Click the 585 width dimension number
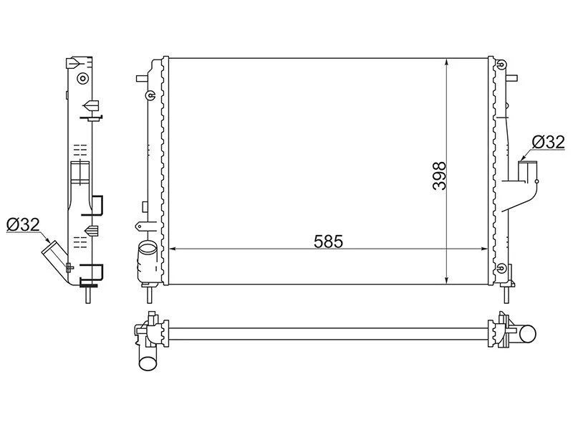[328, 242]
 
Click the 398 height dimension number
[439, 176]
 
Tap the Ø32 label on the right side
[548, 142]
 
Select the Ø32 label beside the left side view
[23, 224]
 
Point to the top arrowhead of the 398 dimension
[446, 62]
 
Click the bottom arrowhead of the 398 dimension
[446, 279]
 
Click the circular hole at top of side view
[83, 78]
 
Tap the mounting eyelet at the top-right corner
[502, 65]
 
